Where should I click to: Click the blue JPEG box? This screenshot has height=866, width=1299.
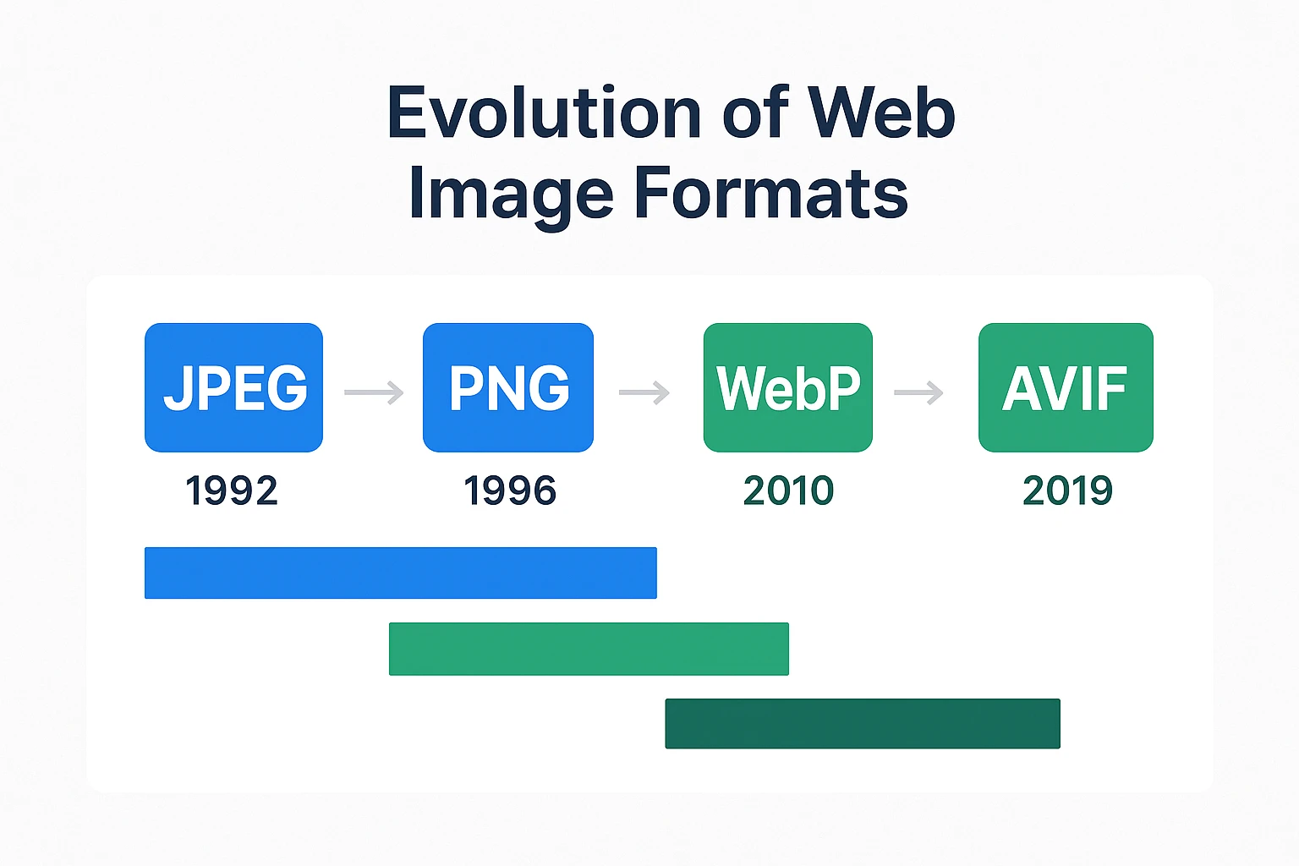[233, 387]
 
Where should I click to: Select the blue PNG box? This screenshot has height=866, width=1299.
[508, 387]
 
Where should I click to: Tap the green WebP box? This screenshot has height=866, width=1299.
[787, 387]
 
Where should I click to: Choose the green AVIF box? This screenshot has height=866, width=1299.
[1066, 387]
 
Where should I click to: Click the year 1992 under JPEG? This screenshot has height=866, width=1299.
[232, 491]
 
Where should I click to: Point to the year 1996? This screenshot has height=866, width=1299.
[510, 491]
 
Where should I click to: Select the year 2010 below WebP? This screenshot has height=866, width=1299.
[788, 491]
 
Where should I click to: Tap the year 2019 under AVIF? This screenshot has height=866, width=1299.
[1067, 491]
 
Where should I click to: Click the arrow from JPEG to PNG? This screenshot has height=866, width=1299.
[374, 392]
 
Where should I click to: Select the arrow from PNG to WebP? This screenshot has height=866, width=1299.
[644, 392]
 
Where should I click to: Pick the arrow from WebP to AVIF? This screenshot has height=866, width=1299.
[918, 392]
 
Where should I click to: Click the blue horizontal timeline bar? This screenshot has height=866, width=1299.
[400, 573]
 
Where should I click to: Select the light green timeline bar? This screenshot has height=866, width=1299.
[589, 649]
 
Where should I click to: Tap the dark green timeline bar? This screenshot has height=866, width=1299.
[863, 723]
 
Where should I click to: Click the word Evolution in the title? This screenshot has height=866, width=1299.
[544, 113]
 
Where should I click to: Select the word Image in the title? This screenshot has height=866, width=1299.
[511, 195]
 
